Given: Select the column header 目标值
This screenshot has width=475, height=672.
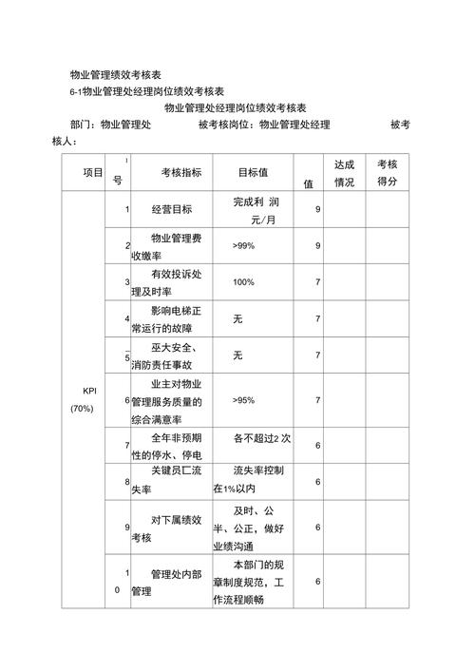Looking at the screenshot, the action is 252,172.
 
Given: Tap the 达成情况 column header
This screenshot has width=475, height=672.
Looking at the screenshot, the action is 344,172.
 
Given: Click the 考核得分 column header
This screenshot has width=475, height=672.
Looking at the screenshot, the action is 387,172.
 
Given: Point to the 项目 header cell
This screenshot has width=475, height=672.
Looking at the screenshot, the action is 93,172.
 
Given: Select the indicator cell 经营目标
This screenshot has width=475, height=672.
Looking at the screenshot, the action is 172,209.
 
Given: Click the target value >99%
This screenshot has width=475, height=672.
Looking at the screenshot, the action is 243,245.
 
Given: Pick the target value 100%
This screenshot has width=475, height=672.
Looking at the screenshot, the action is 243,282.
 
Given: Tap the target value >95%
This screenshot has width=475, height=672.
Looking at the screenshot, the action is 243,400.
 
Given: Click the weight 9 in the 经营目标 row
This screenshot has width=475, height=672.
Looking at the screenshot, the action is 317,209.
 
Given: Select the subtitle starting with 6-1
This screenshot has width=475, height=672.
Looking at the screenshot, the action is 146,91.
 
